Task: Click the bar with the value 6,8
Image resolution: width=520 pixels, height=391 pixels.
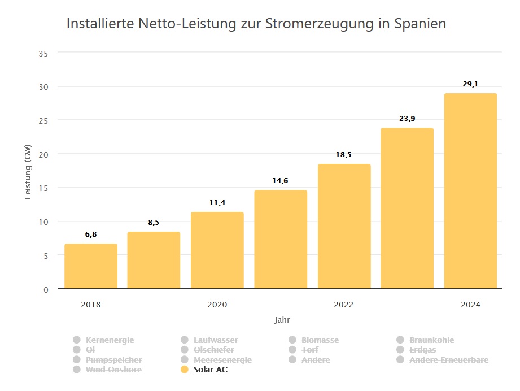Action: coord(91,266)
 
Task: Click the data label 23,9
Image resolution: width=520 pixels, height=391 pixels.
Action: coord(407,119)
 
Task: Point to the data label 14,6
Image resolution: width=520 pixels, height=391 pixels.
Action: coord(281,181)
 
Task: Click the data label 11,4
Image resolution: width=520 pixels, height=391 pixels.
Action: coord(217,202)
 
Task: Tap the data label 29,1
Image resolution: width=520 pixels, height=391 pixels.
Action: coord(470,84)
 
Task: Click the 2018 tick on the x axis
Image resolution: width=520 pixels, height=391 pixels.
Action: coord(91,305)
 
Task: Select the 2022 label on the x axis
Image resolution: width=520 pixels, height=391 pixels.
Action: coord(343,305)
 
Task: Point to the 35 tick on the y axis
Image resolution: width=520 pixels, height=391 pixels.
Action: coord(44,53)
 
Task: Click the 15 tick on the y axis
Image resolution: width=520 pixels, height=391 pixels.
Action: coord(44,188)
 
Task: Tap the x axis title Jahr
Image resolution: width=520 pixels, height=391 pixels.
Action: coord(282,320)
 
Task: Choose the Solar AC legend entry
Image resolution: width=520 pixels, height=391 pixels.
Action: coord(210,370)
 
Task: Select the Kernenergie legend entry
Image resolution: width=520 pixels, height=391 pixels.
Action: coord(110,340)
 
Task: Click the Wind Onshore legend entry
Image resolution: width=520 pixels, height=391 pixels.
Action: coord(113,370)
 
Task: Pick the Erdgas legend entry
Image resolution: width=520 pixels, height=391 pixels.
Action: coord(422,350)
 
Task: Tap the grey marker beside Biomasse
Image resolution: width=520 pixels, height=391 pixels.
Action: coord(292,340)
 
